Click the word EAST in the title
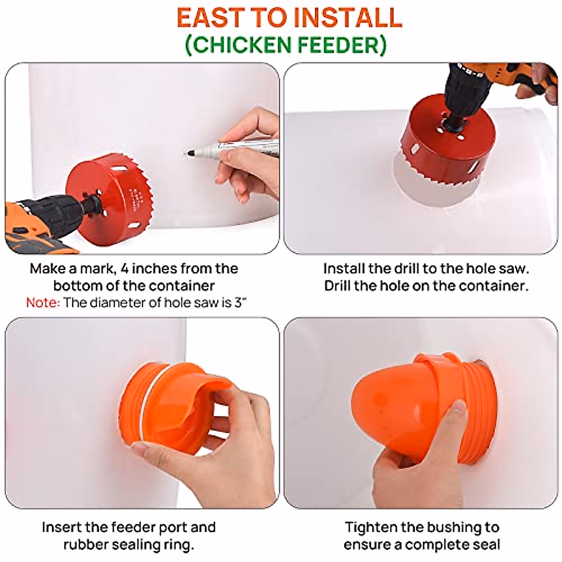pyautogui.click(x=210, y=17)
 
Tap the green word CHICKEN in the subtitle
pyautogui.click(x=239, y=45)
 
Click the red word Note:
pyautogui.click(x=43, y=303)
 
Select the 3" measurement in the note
pyautogui.click(x=240, y=303)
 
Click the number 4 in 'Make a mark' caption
pyautogui.click(x=125, y=269)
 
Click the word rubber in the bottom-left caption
pyautogui.click(x=86, y=545)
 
